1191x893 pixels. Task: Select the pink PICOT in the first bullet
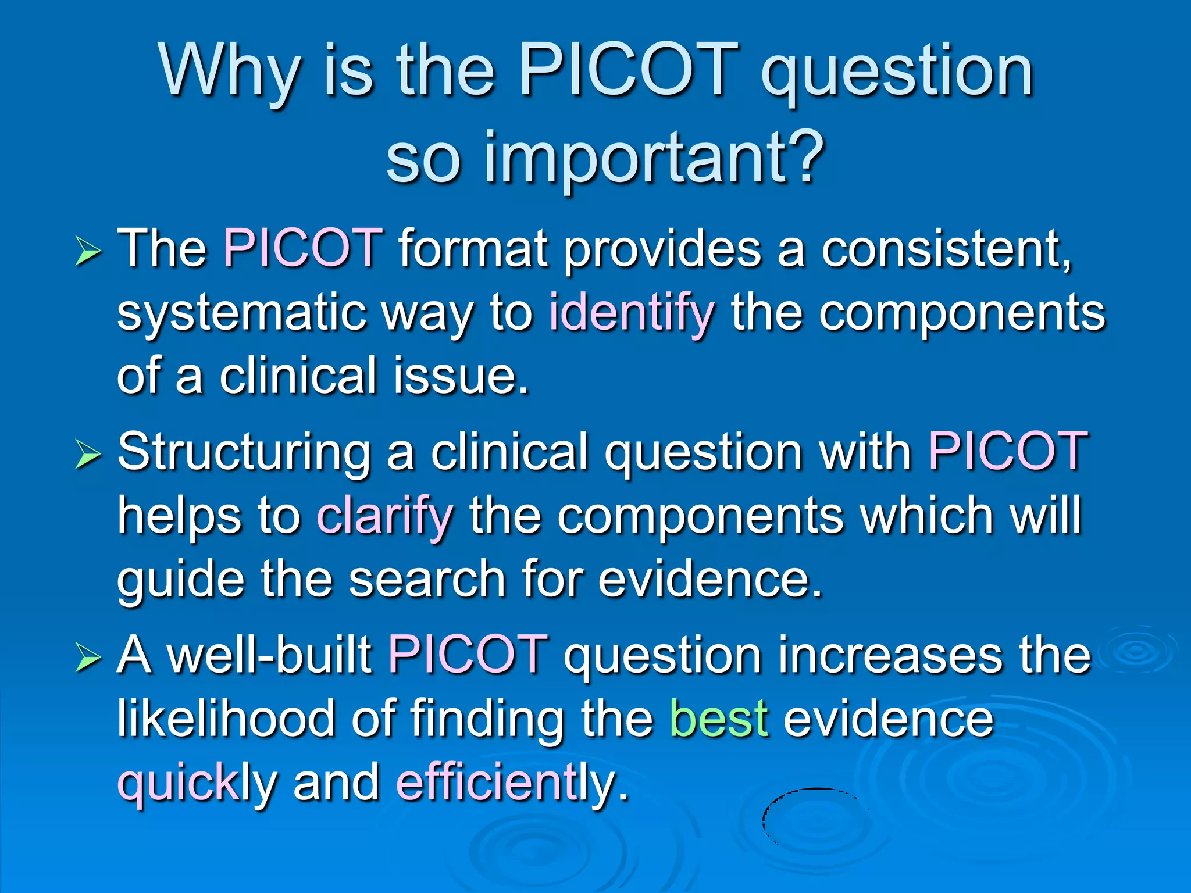point(303,248)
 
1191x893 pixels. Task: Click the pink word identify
point(632,313)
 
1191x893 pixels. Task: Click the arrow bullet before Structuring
point(88,455)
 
